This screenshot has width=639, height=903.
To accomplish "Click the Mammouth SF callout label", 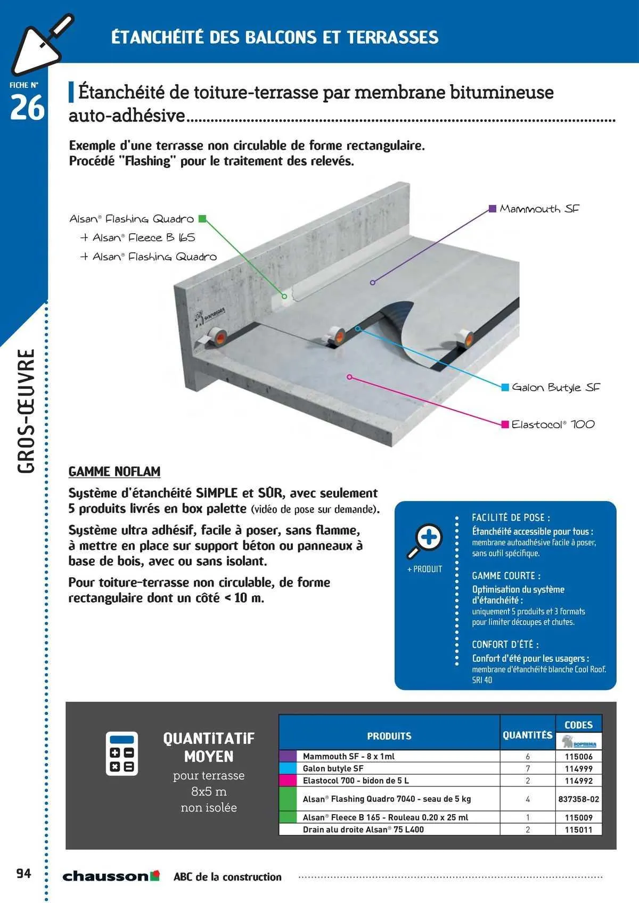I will click(539, 209).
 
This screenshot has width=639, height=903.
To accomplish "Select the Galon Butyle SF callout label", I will click(555, 388).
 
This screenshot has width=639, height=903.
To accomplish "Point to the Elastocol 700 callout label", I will click(553, 424).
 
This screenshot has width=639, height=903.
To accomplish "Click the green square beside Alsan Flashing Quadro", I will click(202, 218).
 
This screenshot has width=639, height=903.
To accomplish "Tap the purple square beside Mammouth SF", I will click(493, 209).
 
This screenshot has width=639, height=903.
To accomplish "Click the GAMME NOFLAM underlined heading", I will click(114, 472).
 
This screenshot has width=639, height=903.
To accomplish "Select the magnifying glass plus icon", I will click(424, 540).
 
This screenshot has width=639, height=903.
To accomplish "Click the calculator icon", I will click(121, 753).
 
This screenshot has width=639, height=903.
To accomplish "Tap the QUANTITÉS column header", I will click(527, 735).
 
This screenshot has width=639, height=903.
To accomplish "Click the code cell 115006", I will click(579, 757).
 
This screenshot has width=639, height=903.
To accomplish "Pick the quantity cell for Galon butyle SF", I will click(528, 769).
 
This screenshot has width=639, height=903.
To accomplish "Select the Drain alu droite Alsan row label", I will click(363, 830).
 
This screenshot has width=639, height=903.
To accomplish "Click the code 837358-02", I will click(579, 799).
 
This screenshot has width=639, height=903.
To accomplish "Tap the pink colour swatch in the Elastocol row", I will click(288, 781).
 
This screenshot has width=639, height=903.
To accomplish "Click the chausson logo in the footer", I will click(111, 876).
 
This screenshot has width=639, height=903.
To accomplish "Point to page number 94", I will click(23, 873).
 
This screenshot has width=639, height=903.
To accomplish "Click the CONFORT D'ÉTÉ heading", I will click(505, 644).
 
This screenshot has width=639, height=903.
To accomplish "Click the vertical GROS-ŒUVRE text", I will click(26, 411).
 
